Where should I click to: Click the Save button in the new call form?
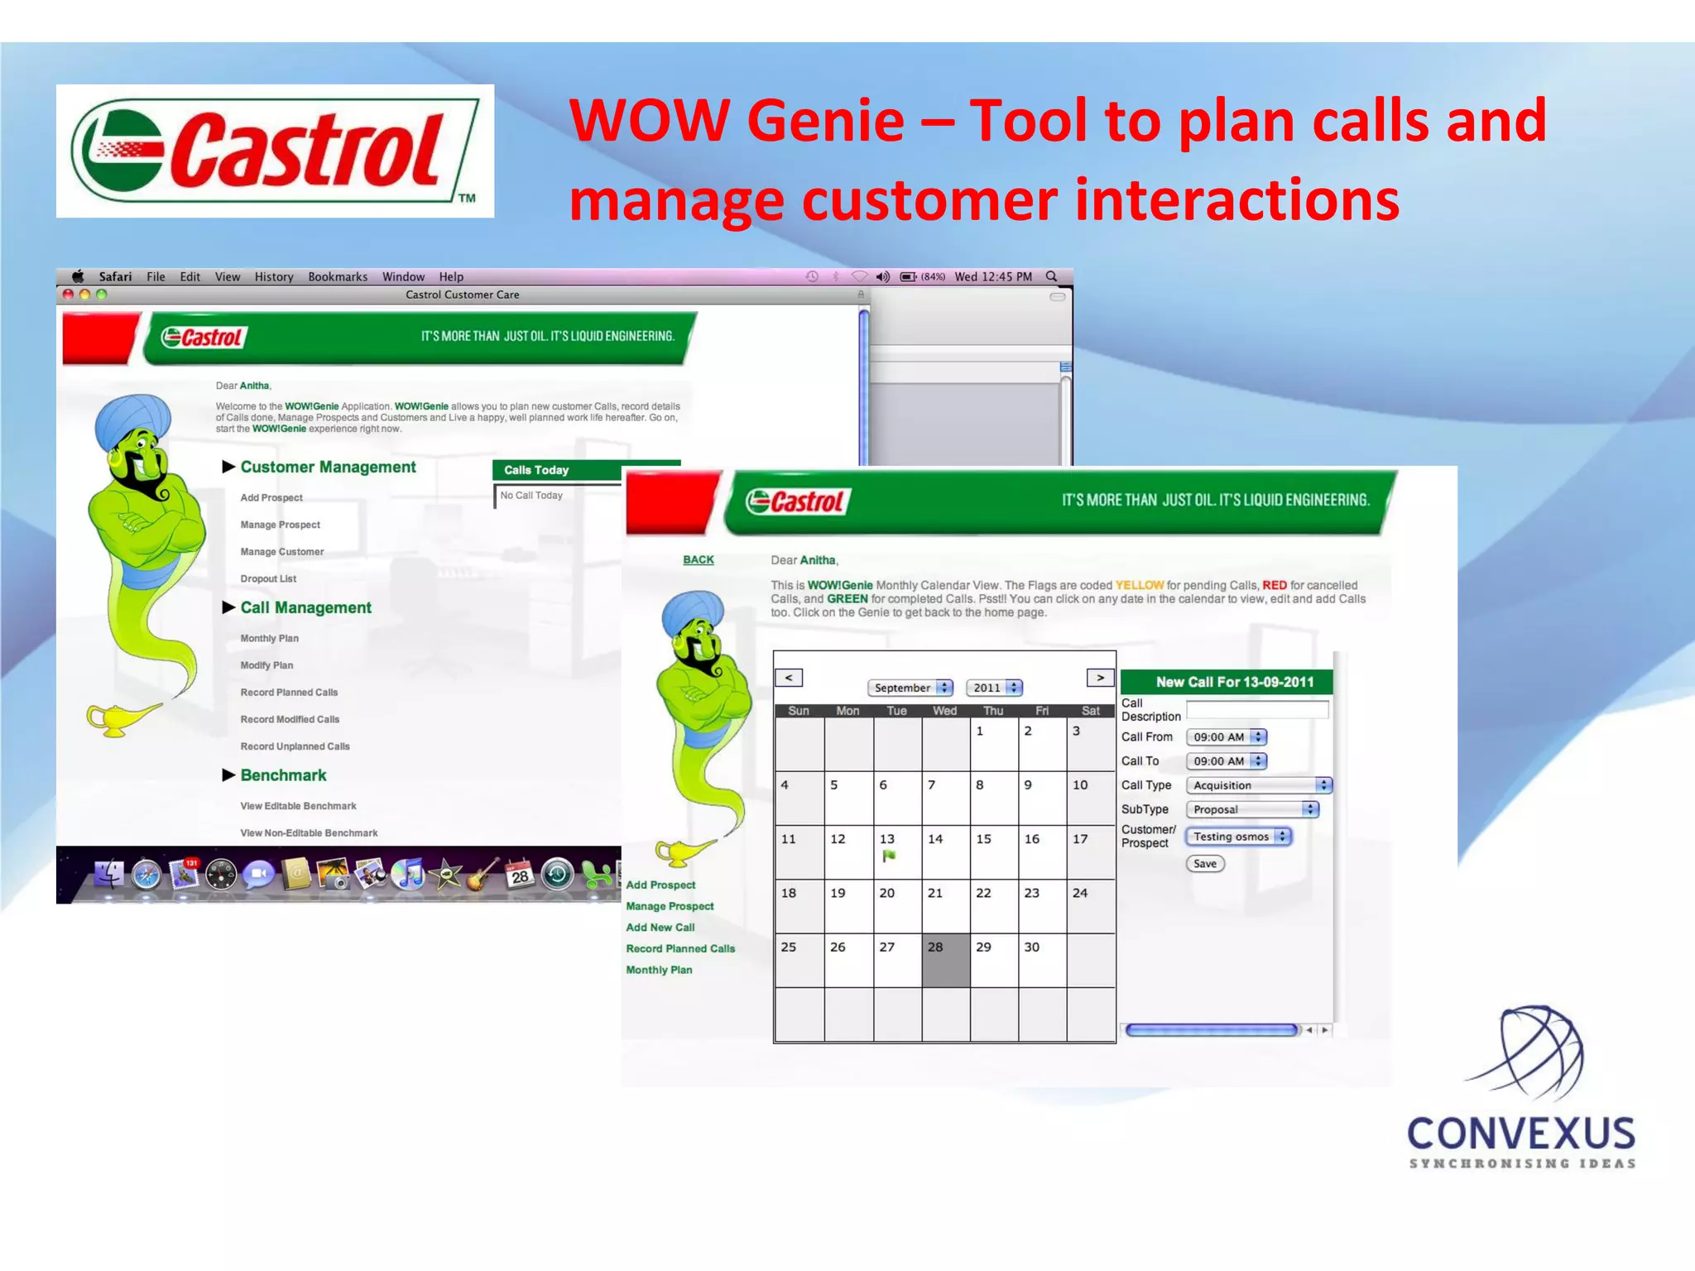pos(1204,864)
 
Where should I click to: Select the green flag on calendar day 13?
pos(889,856)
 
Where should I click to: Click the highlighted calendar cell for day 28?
pos(945,960)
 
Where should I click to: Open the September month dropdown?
pos(910,688)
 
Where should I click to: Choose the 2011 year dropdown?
pos(994,688)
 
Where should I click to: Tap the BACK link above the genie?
pos(698,560)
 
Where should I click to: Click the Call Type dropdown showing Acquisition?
pos(1258,785)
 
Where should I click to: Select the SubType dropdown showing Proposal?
pos(1251,809)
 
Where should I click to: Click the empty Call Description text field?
pos(1256,710)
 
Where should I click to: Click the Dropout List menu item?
pos(268,579)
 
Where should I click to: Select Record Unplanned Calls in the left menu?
pos(295,746)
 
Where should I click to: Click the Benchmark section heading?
pos(283,775)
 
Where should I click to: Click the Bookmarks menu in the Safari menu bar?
pos(338,277)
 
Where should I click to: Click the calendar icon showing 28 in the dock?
pos(519,874)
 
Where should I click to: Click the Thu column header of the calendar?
pos(992,711)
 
